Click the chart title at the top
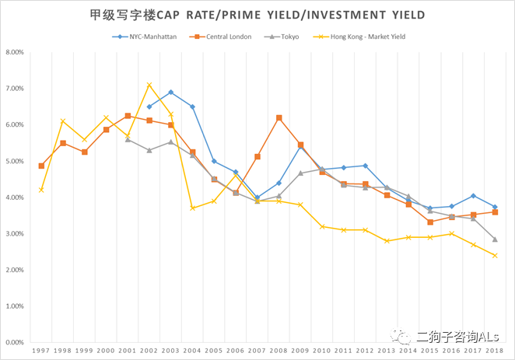257,15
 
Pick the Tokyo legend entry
287,37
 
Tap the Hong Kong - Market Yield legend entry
365,37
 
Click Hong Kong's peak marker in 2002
149,85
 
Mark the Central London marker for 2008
279,117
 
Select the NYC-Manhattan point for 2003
170,93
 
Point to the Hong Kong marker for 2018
495,255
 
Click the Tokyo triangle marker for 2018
495,239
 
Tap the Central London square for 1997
41,166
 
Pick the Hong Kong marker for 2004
192,208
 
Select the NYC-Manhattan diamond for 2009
300,147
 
